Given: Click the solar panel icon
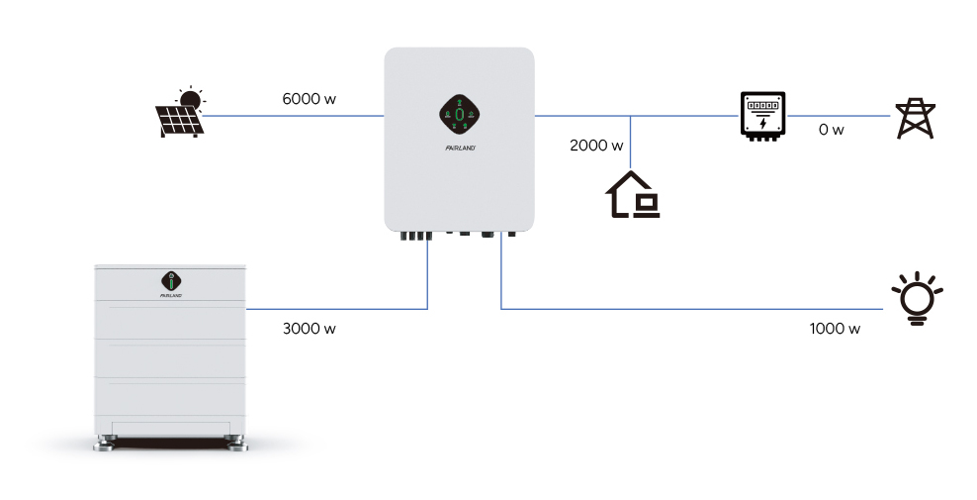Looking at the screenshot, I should pyautogui.click(x=180, y=114).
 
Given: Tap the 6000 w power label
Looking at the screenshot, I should pyautogui.click(x=310, y=100).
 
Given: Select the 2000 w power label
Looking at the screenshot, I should pyautogui.click(x=596, y=146).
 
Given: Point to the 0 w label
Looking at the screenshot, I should pyautogui.click(x=832, y=130).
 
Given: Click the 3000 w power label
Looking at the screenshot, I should pyautogui.click(x=310, y=329).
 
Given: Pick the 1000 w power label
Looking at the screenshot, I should pyautogui.click(x=834, y=329).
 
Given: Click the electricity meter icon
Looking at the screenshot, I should pyautogui.click(x=762, y=116).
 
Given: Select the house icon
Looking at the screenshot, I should pyautogui.click(x=632, y=195).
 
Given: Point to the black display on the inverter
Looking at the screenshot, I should pyautogui.click(x=459, y=118).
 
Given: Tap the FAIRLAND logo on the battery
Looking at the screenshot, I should pyautogui.click(x=169, y=294).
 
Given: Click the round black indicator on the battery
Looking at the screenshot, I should pyautogui.click(x=169, y=279).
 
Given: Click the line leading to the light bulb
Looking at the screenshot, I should pyautogui.click(x=692, y=309).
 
